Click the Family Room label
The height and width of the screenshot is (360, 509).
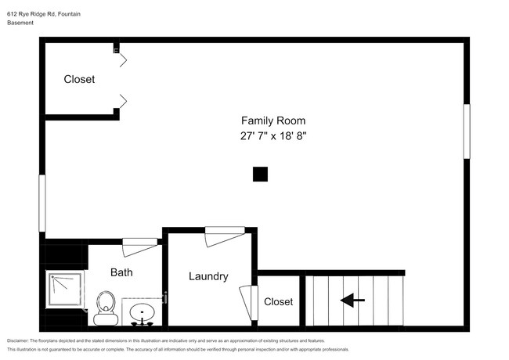[x=273, y=121]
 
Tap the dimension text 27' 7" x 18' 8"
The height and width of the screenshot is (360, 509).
[x=273, y=135]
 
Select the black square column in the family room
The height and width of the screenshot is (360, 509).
[x=260, y=175]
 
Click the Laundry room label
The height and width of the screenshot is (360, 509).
[x=208, y=276]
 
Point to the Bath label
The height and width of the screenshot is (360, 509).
[x=121, y=272]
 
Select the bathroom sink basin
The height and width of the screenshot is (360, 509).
[x=143, y=312]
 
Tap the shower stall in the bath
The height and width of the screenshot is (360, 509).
[x=65, y=290]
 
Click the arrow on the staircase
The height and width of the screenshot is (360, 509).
[x=352, y=301]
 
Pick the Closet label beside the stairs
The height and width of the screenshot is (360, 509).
[x=278, y=301]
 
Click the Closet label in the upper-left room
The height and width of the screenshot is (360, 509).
[x=79, y=79]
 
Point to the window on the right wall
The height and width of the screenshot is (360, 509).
[x=467, y=131]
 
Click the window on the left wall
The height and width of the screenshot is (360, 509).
[x=42, y=203]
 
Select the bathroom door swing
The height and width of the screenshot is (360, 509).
[x=139, y=247]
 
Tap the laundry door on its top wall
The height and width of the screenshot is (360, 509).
[x=225, y=236]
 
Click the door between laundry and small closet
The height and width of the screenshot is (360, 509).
[x=249, y=302]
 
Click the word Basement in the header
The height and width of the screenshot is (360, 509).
[x=20, y=23]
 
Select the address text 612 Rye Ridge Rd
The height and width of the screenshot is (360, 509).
[x=31, y=14]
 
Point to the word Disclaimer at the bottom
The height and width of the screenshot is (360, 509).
[x=18, y=340]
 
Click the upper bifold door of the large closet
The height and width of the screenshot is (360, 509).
[x=124, y=60]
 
